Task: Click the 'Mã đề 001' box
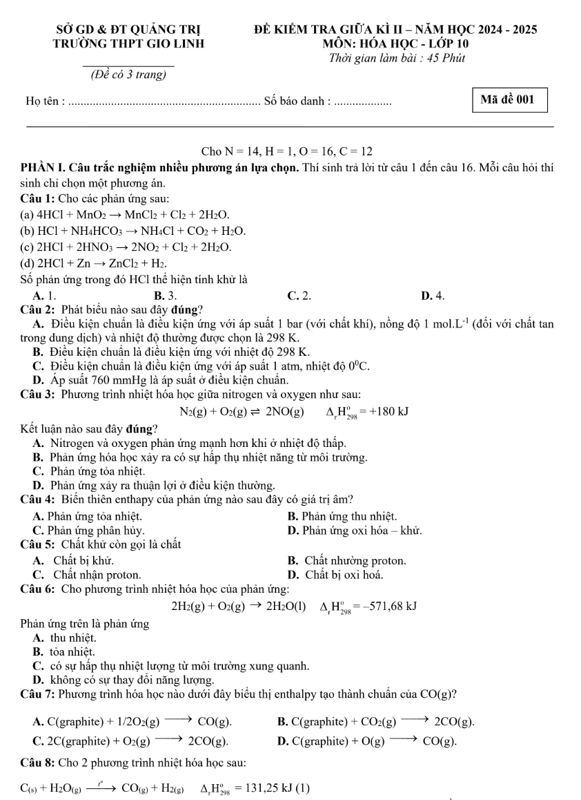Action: click(x=508, y=99)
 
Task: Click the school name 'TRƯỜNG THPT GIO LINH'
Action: click(x=128, y=44)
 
